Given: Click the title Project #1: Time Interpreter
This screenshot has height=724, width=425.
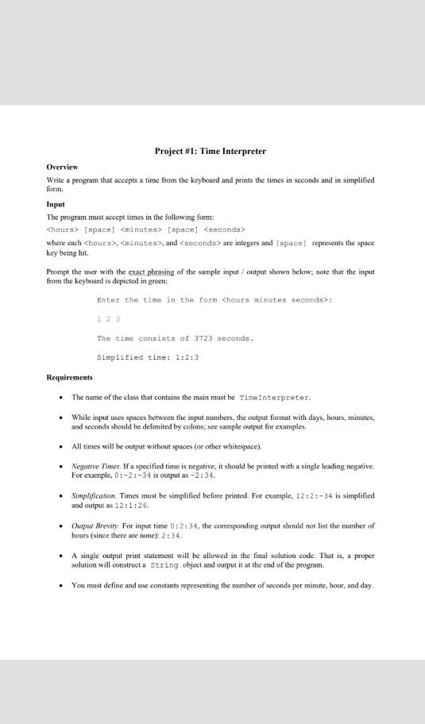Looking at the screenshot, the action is pyautogui.click(x=210, y=151).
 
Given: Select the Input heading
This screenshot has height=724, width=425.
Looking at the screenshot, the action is pyautogui.click(x=56, y=204).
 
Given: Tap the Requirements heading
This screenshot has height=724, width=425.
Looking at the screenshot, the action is pyautogui.click(x=70, y=377).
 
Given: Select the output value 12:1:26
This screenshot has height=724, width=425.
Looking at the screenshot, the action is pyautogui.click(x=131, y=505).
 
